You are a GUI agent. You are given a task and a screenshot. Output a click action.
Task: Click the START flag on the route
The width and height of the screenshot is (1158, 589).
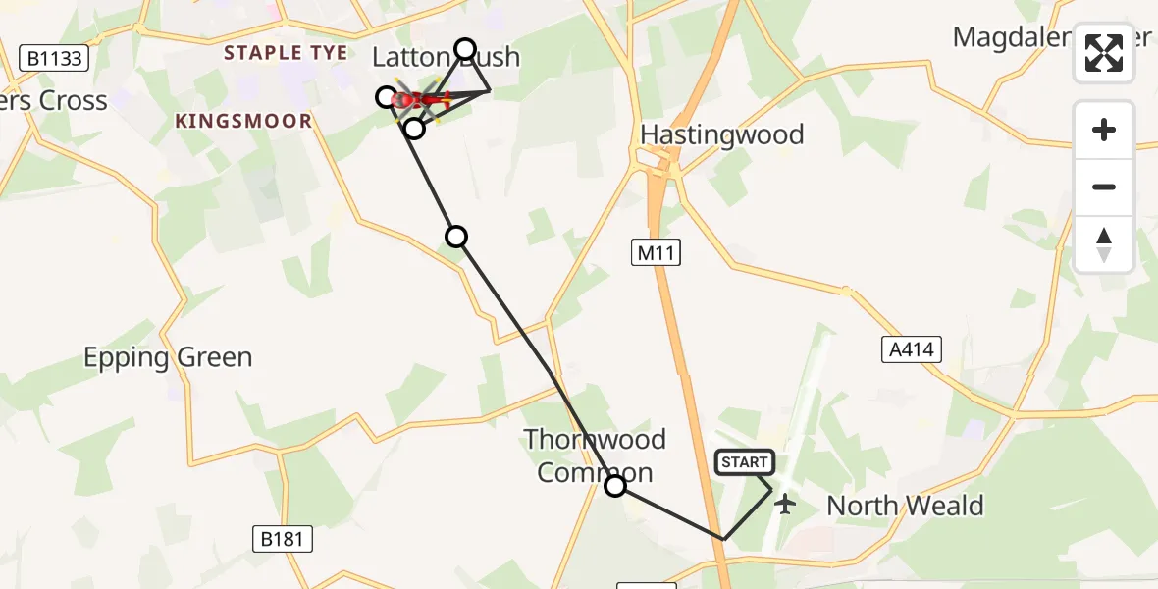(746, 462)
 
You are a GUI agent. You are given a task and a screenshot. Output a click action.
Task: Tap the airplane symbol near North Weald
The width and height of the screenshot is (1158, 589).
(784, 505)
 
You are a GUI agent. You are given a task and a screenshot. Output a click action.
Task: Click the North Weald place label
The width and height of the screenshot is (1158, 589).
(905, 506)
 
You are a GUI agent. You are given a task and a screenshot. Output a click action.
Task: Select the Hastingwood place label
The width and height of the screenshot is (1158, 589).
(721, 134)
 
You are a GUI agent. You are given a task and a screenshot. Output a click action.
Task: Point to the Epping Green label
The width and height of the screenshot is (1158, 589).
(168, 357)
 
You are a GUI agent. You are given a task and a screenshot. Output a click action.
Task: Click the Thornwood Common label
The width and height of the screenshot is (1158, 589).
(595, 455)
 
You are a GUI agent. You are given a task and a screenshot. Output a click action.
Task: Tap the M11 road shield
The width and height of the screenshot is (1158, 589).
(656, 253)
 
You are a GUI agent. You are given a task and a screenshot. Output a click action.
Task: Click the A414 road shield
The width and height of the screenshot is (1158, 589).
(911, 348)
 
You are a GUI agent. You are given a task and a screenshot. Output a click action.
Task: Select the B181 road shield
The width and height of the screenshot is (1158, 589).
(283, 538)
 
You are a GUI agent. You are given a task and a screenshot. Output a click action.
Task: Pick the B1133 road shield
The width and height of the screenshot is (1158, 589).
(54, 59)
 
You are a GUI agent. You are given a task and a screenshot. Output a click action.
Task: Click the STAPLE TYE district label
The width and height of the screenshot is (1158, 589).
(286, 53)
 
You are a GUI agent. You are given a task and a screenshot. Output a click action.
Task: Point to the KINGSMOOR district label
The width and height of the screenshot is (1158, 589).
(243, 121)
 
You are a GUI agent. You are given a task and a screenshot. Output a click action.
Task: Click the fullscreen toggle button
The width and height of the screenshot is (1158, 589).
(1104, 53)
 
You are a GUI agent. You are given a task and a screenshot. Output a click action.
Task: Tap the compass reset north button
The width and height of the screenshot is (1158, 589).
(1104, 244)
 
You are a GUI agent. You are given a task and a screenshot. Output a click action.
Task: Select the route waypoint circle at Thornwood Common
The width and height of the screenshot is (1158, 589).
(615, 485)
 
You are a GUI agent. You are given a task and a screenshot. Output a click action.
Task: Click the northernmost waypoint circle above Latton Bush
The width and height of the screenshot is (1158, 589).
(465, 49)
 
